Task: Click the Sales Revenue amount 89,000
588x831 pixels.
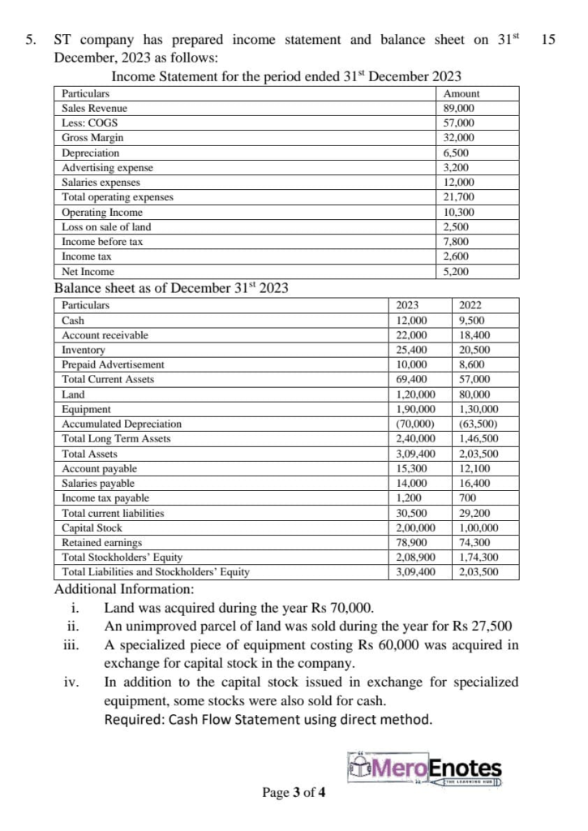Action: click(459, 109)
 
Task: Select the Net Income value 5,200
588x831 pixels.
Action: click(456, 272)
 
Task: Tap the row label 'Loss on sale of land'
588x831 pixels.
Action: click(106, 227)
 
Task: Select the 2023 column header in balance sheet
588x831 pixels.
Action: click(407, 306)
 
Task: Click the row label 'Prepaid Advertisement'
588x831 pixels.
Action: click(113, 364)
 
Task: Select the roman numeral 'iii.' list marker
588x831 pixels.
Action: click(71, 646)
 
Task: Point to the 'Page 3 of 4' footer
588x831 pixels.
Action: click(294, 793)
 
